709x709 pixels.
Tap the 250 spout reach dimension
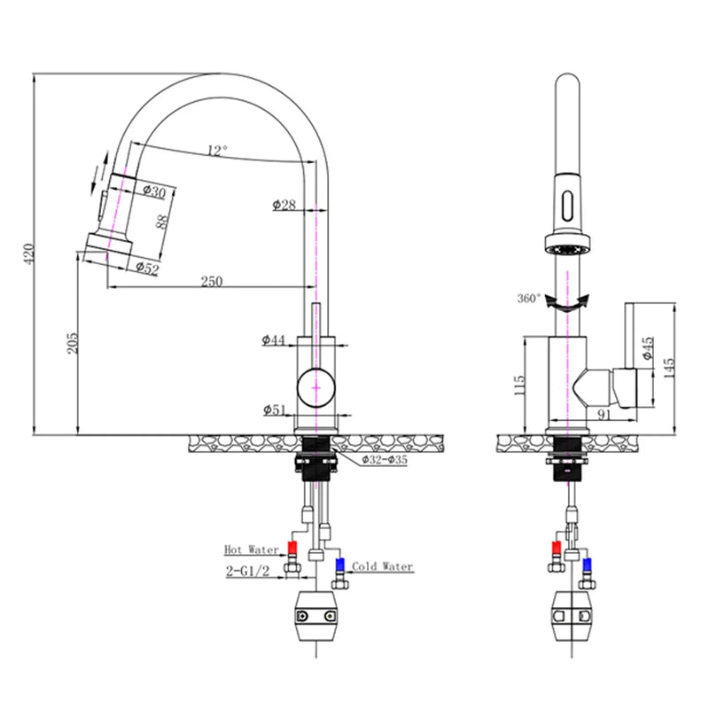click(x=211, y=281)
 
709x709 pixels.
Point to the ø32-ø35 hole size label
click(x=384, y=460)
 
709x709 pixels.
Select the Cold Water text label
click(x=382, y=566)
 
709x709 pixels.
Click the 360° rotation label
click(x=528, y=299)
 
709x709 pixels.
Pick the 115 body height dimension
click(x=520, y=384)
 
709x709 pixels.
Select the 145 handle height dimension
click(x=669, y=364)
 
